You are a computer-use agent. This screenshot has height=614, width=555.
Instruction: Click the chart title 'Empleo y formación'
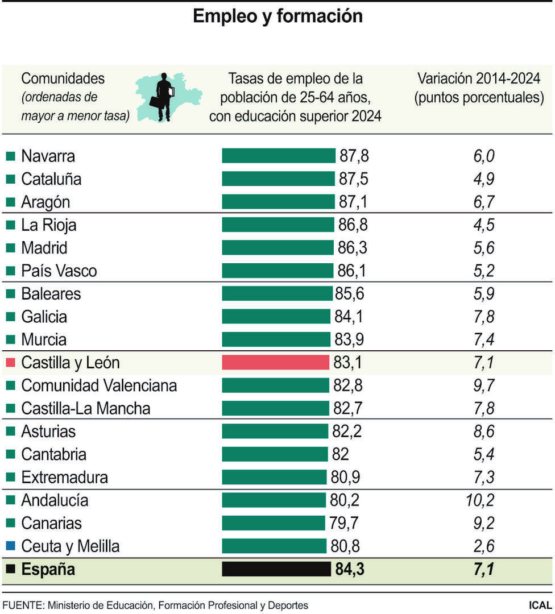[x=277, y=16]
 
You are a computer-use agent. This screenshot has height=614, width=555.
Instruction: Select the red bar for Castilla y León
[x=275, y=363]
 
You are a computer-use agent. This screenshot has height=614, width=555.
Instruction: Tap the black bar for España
[x=276, y=569]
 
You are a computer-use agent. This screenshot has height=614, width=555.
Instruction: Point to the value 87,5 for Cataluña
[x=354, y=179]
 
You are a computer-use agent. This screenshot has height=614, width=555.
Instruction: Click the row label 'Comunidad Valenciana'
[x=99, y=385]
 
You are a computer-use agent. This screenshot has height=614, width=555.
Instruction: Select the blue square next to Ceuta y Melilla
[x=10, y=546]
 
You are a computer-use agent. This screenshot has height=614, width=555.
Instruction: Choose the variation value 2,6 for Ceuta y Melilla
[x=483, y=546]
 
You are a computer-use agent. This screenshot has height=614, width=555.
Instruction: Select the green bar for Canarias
[x=275, y=523]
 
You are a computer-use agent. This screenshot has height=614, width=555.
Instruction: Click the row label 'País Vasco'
[x=59, y=271]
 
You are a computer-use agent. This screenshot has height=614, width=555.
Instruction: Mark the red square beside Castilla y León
[x=10, y=363]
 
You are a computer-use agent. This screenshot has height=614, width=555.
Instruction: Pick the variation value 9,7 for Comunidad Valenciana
[x=483, y=385]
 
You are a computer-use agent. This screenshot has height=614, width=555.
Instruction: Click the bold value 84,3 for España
[x=350, y=569]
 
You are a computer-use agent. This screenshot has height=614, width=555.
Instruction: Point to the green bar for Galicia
[x=276, y=317]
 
